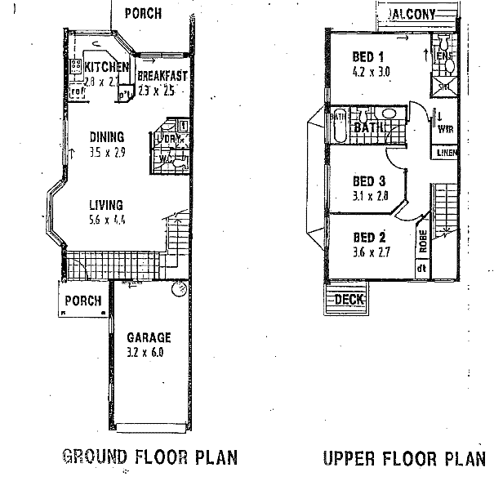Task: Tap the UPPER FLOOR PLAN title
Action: pyautogui.click(x=404, y=457)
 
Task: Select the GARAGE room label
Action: pyautogui.click(x=148, y=336)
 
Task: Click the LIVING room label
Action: pyautogui.click(x=106, y=205)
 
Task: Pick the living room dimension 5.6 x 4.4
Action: pyautogui.click(x=106, y=219)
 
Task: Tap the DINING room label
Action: pyautogui.click(x=107, y=136)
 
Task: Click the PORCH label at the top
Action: pyautogui.click(x=143, y=13)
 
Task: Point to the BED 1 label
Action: pyautogui.click(x=367, y=56)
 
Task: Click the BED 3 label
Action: pyautogui.click(x=368, y=180)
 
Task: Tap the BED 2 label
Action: pyautogui.click(x=368, y=238)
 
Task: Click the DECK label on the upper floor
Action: pyautogui.click(x=349, y=300)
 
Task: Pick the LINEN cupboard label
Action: pyautogui.click(x=446, y=153)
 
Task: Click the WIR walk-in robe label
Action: pyautogui.click(x=447, y=129)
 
